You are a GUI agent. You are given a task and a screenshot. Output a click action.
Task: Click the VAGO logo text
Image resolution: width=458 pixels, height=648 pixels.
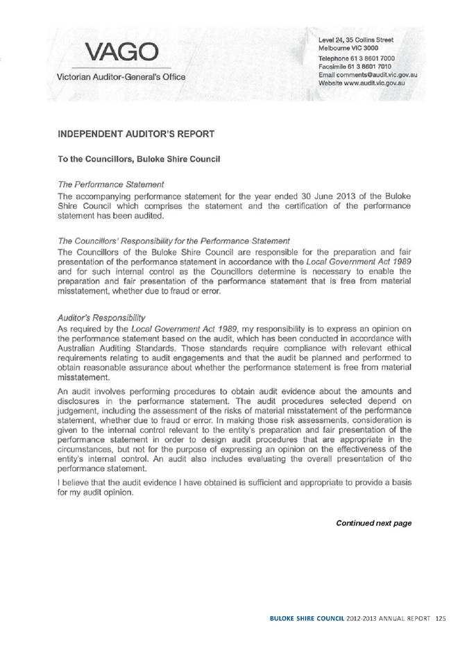121,51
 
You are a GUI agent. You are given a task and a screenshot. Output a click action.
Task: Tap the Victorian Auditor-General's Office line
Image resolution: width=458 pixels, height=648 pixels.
121,76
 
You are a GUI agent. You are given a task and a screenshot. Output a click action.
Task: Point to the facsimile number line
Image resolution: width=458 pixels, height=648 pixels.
356,67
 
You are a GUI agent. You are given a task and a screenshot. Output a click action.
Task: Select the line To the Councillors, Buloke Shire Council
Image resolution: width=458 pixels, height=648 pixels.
139,160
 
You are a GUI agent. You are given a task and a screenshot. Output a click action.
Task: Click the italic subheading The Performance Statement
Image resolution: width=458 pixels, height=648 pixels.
111,185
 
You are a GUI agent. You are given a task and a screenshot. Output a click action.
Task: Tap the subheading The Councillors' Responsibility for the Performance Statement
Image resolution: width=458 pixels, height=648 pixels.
173,241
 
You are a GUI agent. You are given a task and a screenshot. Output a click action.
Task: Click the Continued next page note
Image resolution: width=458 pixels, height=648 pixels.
374,522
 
